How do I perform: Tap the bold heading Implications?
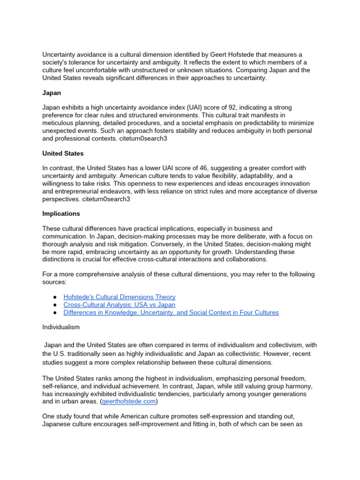[61, 214]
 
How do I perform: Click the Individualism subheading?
[61, 327]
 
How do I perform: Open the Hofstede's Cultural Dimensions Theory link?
[119, 297]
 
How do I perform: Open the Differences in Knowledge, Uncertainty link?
[171, 312]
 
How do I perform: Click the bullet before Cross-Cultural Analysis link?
[55, 305]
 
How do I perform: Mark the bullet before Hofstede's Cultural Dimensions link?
[55, 297]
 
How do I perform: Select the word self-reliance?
[58, 387]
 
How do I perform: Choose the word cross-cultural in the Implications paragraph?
[174, 259]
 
